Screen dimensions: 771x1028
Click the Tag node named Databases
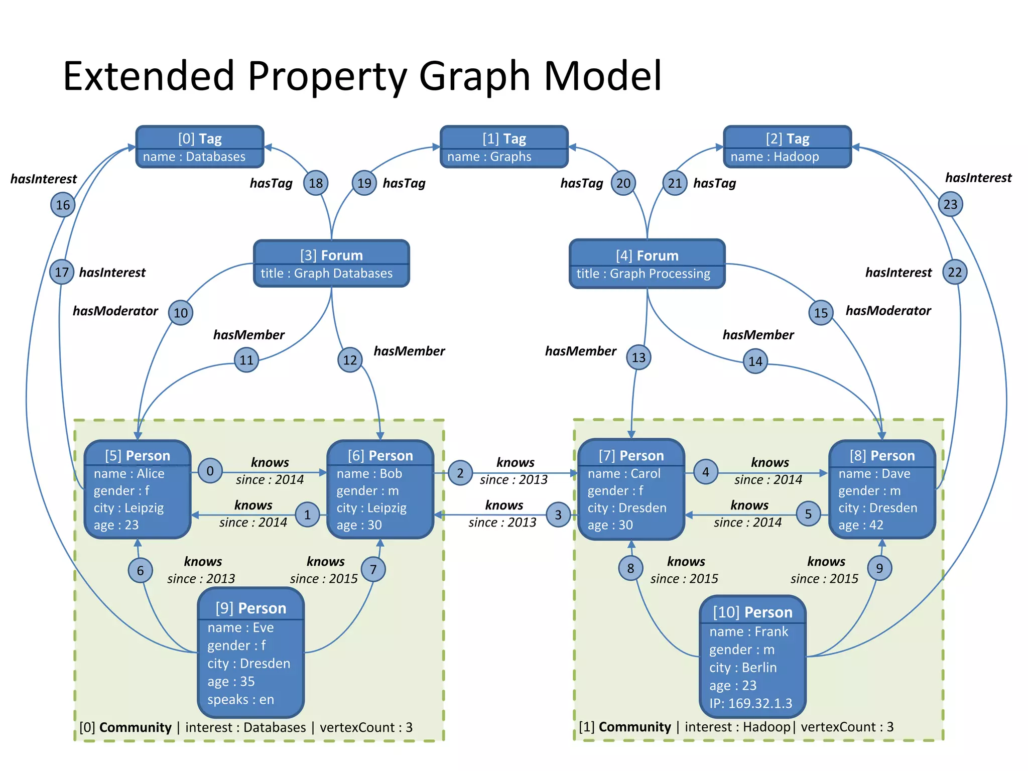200,147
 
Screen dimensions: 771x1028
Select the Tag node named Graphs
504,147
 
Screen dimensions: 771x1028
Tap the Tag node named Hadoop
787,147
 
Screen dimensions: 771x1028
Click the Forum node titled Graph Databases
331,264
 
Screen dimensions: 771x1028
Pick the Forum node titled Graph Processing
647,264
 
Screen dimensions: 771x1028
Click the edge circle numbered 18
316,183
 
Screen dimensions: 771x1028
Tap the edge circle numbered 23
950,204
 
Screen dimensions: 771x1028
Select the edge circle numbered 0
210,471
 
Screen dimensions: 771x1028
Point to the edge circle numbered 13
638,357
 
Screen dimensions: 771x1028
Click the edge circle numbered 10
181,313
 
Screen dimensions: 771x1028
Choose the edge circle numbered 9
879,568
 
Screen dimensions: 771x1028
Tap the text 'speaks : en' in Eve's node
240,699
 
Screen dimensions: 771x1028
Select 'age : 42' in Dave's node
861,525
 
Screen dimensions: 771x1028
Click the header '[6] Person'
380,456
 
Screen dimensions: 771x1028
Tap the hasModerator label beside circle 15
888,311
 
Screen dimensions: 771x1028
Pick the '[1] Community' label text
625,727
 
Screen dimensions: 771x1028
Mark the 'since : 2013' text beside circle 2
513,480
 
